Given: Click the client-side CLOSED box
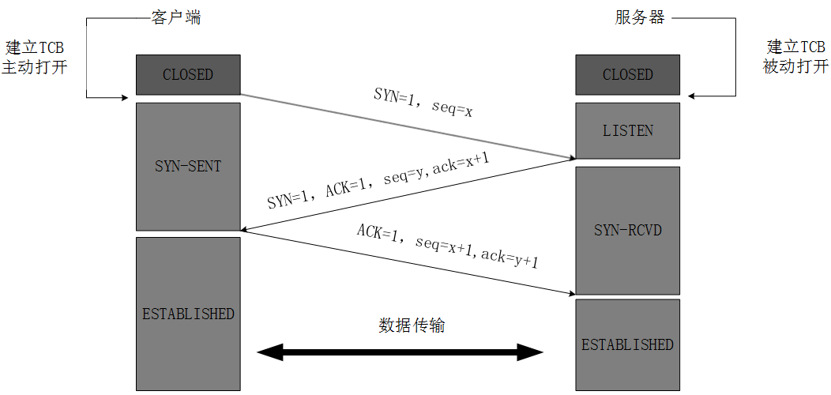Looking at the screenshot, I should (x=187, y=75).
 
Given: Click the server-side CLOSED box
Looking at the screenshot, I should (x=627, y=75).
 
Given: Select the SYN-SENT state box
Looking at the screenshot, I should (x=187, y=166).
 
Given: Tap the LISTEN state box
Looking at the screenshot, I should (x=627, y=130).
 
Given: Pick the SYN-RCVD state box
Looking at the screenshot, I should (x=627, y=230).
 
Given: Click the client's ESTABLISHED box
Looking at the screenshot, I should (x=187, y=313).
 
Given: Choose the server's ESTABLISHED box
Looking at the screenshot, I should (x=627, y=344).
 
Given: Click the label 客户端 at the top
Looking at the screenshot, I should (x=175, y=17).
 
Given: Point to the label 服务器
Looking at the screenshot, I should (x=640, y=17).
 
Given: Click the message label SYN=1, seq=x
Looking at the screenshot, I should (x=423, y=102).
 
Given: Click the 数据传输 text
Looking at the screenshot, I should (x=412, y=325).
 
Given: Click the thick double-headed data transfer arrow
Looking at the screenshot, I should (x=401, y=352).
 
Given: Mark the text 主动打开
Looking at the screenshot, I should (x=34, y=67).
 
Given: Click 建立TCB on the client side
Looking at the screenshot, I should (x=34, y=47).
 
